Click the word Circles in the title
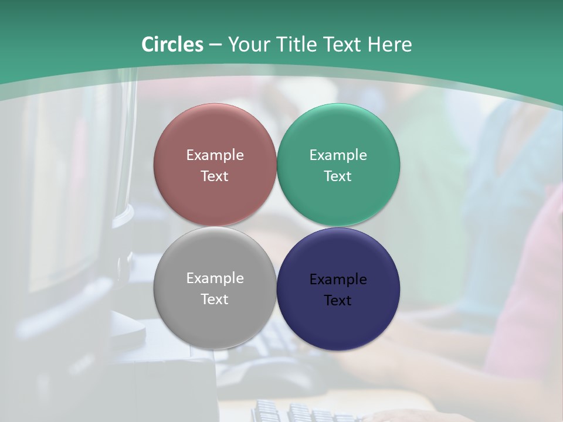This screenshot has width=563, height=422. pos(172,45)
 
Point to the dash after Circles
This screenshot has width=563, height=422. pos(215,45)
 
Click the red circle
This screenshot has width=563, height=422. pos(215,135)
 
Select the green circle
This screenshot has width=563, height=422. pos(338,135)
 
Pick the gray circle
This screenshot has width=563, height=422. pos(215,316)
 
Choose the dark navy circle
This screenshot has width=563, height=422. pos(338,319)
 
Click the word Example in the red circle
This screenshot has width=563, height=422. pos(215,155)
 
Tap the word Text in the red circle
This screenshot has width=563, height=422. pos(215,176)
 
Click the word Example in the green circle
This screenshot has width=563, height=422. pos(338,155)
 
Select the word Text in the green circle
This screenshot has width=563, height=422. pos(338,176)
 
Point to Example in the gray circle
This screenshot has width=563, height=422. pos(215,278)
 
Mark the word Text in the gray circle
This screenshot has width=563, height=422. pos(215,299)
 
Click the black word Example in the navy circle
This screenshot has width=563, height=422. pos(338,279)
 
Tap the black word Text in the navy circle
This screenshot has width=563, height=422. pos(338,300)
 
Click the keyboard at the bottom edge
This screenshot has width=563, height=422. pos(305,412)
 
